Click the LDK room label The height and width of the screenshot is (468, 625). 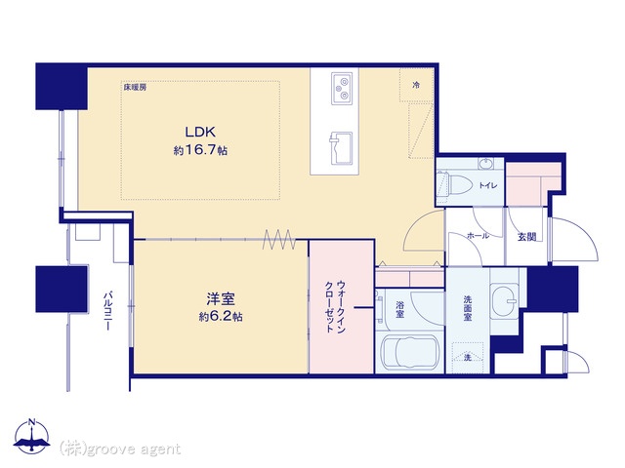(x=200, y=132)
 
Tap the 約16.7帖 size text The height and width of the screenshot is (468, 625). (x=200, y=150)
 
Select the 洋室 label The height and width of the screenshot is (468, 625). (x=221, y=299)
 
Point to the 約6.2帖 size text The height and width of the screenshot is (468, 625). (x=221, y=317)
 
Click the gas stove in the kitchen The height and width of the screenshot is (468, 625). (x=342, y=89)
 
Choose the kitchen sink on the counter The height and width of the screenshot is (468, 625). (x=341, y=148)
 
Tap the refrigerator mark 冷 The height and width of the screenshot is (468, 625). (x=416, y=85)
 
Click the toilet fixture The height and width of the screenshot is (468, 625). (x=452, y=185)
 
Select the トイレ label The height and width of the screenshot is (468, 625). (x=488, y=185)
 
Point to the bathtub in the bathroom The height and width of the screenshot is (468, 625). (x=409, y=352)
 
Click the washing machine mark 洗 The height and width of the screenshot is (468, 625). (x=468, y=358)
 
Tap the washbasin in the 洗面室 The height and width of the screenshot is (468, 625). (x=504, y=298)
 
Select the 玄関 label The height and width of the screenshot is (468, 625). (x=527, y=237)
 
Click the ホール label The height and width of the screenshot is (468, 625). (x=478, y=236)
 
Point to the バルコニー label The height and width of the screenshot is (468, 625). (x=107, y=312)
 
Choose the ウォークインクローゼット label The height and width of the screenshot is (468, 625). (x=335, y=307)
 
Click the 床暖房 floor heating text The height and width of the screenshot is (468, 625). (x=135, y=87)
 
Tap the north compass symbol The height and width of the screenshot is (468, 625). (x=32, y=437)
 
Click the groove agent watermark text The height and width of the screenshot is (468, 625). (x=120, y=448)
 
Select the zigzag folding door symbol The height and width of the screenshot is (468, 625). (x=279, y=240)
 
